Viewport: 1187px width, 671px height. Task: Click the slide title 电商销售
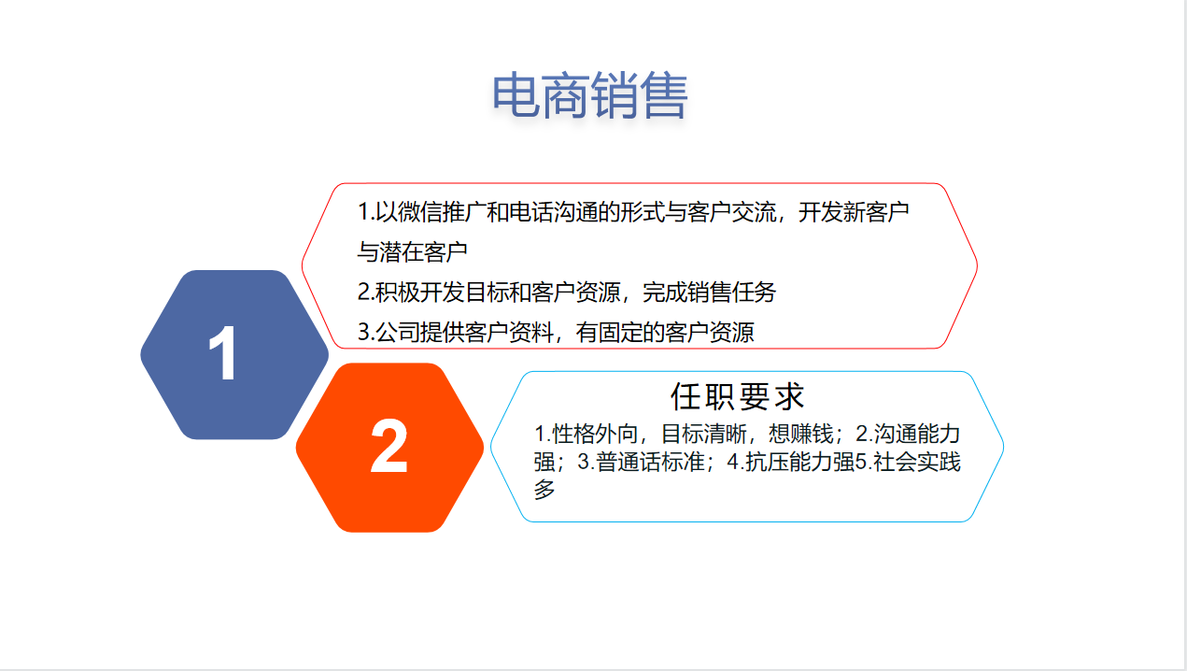click(590, 95)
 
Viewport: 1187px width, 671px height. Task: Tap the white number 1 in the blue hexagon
click(223, 352)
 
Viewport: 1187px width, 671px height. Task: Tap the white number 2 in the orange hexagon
click(389, 446)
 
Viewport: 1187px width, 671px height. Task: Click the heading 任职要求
click(737, 396)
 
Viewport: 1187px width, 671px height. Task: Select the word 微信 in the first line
click(419, 212)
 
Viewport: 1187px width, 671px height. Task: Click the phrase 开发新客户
click(854, 212)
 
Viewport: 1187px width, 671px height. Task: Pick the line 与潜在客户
click(412, 252)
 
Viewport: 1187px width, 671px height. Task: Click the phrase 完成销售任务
click(709, 292)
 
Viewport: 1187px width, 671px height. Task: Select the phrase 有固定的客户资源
click(665, 332)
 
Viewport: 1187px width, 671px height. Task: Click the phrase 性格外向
click(595, 434)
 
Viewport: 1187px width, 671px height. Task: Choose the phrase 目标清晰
click(704, 434)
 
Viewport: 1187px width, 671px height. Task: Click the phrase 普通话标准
click(650, 462)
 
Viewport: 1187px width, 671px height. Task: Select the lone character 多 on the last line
click(544, 489)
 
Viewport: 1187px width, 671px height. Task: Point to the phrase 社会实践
click(917, 462)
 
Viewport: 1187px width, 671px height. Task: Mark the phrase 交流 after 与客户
click(754, 212)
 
